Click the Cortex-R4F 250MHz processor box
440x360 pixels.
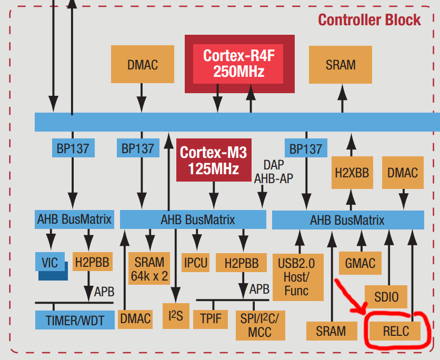239,64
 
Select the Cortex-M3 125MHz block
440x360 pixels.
213,160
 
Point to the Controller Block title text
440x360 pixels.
369,20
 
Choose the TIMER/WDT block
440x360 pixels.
74,319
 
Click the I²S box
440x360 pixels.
175,316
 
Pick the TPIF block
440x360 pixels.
211,317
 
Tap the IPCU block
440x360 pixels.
195,262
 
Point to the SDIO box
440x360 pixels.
386,298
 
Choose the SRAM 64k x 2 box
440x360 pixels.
149,268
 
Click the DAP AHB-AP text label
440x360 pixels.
273,172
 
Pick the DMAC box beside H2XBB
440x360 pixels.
403,173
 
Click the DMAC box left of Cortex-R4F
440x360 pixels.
142,65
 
